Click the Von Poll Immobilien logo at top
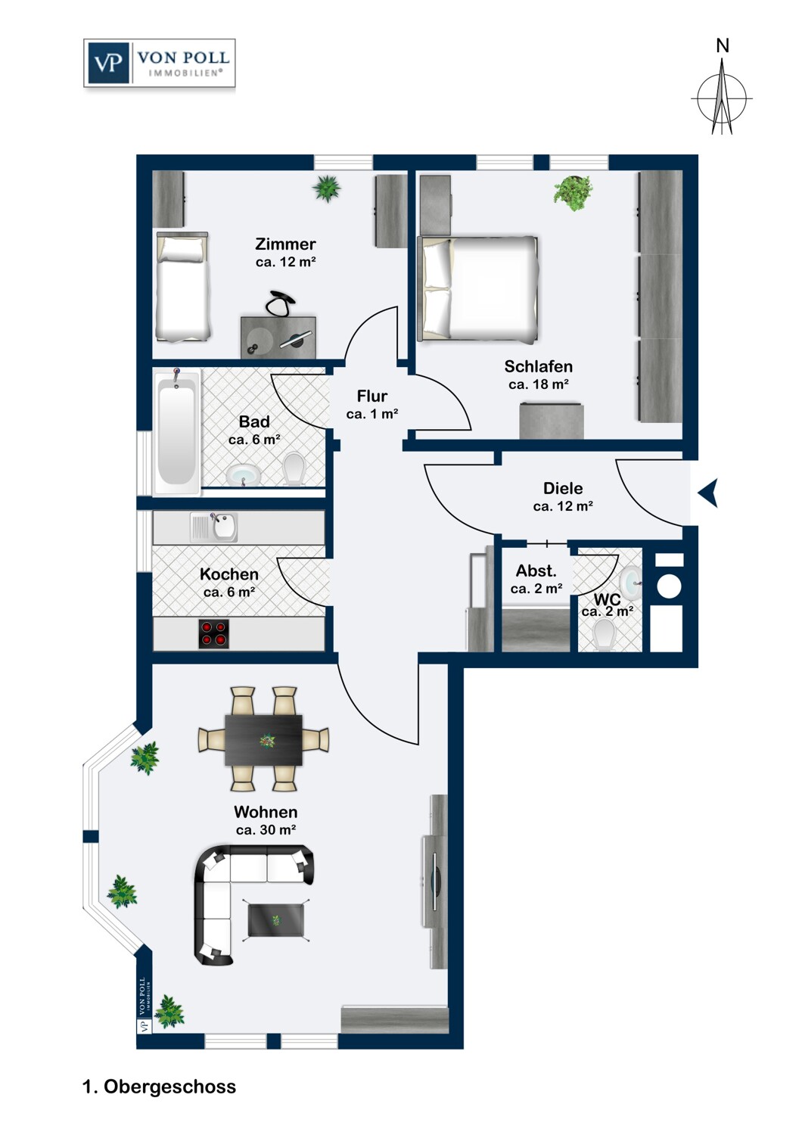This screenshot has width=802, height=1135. pyautogui.click(x=160, y=63)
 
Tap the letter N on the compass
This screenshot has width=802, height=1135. pyautogui.click(x=723, y=46)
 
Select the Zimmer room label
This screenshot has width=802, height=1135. pyautogui.click(x=285, y=244)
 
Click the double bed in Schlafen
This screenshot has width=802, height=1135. pyautogui.click(x=477, y=288)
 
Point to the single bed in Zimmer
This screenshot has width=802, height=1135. pyautogui.click(x=182, y=286)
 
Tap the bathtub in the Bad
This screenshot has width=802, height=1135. pyautogui.click(x=176, y=431)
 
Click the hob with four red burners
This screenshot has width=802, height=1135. pyautogui.click(x=213, y=633)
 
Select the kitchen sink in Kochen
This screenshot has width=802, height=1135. pyautogui.click(x=214, y=527)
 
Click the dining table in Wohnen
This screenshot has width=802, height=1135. pyautogui.click(x=263, y=740)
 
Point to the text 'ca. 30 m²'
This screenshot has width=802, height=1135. pyautogui.click(x=266, y=829)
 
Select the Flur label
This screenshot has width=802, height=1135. pyautogui.click(x=371, y=396)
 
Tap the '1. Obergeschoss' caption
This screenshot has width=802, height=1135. pyautogui.click(x=159, y=1087)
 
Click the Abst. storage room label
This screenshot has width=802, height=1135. pyautogui.click(x=536, y=571)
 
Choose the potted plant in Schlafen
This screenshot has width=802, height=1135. pyautogui.click(x=574, y=193)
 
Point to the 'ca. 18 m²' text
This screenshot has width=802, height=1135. pyautogui.click(x=539, y=384)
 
